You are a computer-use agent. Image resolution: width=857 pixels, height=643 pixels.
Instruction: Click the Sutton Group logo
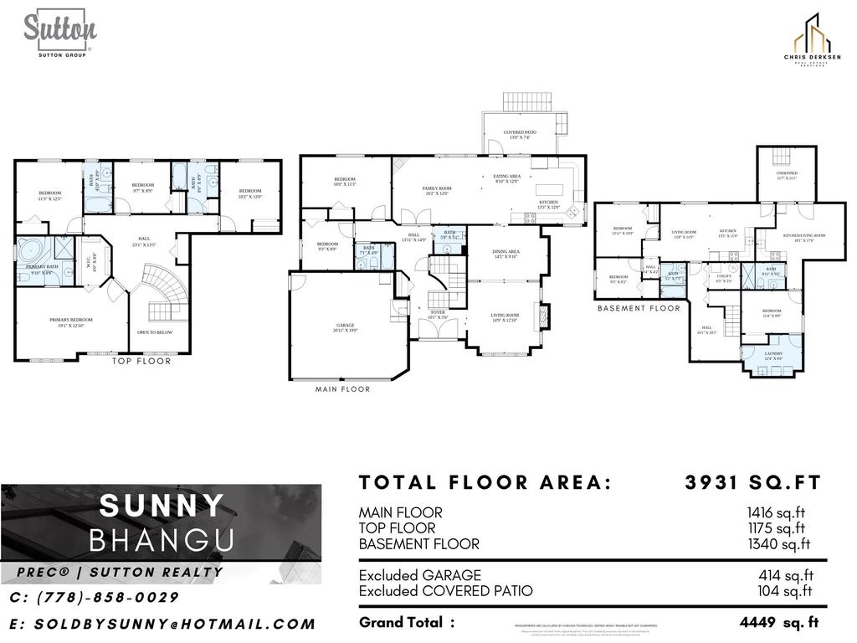[x=59, y=33]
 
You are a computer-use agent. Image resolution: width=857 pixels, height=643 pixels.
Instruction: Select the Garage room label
[x=346, y=327]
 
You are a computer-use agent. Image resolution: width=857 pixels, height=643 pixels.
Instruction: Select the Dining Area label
[x=507, y=254]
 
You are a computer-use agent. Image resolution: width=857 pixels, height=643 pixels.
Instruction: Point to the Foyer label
[x=439, y=315]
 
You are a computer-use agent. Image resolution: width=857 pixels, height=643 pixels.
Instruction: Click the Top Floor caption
[x=141, y=362]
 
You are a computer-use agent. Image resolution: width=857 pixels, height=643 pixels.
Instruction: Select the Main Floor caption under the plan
[x=342, y=389]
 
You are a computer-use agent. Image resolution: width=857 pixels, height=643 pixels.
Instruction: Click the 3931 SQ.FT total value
[x=752, y=482]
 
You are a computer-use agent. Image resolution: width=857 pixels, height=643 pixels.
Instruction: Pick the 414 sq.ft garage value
[x=785, y=575]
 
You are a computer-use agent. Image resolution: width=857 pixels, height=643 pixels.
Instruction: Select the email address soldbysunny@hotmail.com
[x=162, y=624]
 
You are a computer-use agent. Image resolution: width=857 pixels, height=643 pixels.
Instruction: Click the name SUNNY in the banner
[x=162, y=506]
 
